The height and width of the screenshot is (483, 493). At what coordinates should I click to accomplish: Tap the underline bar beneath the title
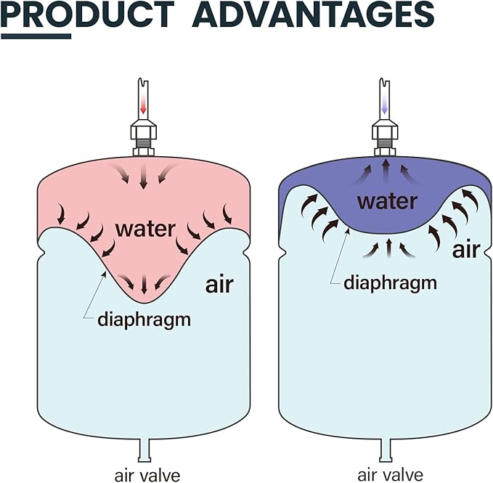36,36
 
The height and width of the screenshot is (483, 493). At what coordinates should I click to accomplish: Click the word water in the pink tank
145,229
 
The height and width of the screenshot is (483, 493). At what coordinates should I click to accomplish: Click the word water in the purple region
387,201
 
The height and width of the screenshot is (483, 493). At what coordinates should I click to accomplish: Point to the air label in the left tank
219,284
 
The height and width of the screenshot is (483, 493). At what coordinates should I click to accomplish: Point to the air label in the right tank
466,249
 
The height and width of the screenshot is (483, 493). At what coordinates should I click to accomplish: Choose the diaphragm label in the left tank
144,320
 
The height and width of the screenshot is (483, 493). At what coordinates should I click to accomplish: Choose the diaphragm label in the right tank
390,283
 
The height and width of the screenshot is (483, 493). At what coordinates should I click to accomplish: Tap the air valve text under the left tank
147,476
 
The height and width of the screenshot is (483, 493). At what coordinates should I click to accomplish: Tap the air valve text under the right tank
390,476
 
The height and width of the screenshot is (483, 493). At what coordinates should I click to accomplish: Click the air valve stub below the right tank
386,450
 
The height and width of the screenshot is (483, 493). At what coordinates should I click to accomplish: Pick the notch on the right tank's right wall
488,253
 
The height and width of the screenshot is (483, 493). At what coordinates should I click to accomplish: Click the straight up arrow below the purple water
389,247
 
